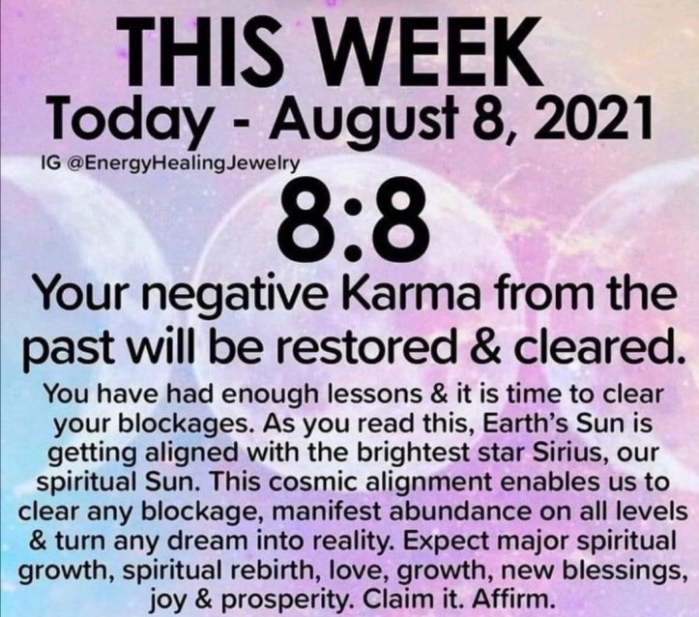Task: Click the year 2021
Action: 588,118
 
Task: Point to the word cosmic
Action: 313,483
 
